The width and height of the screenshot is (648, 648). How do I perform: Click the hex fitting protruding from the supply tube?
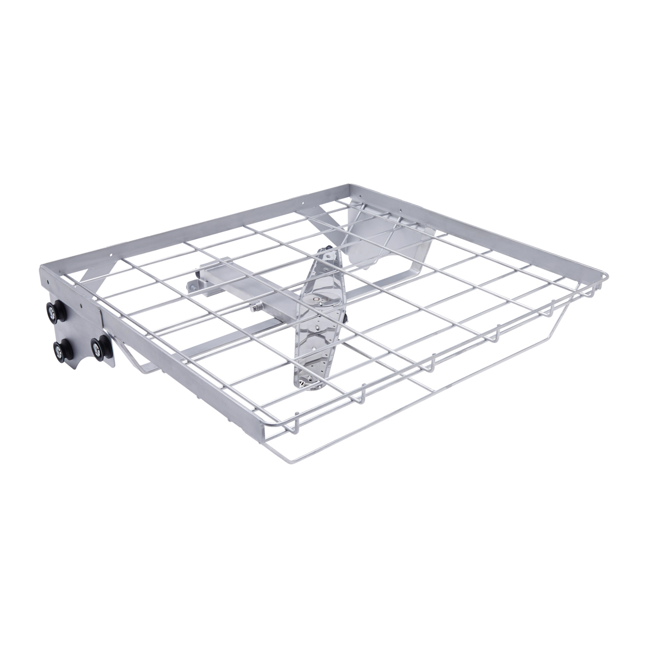255,307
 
